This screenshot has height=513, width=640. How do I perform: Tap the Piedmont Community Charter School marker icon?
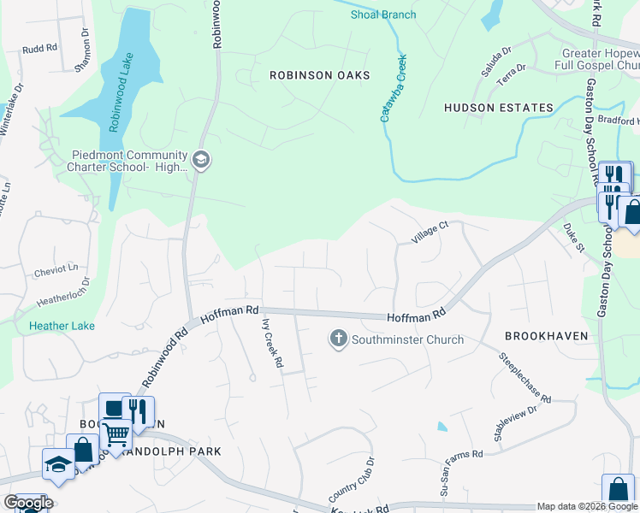(x=201, y=160)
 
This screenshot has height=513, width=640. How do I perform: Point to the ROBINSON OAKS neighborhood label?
(x=320, y=75)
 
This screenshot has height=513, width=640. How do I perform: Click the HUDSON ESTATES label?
(x=499, y=108)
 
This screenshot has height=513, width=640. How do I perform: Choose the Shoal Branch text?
(x=383, y=15)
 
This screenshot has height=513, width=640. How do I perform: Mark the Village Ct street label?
(x=430, y=233)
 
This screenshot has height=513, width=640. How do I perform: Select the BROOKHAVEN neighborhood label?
(x=547, y=336)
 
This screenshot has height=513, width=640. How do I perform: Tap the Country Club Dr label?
(x=352, y=481)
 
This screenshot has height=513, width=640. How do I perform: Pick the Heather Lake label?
(x=62, y=326)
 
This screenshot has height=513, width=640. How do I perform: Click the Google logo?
(x=28, y=503)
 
